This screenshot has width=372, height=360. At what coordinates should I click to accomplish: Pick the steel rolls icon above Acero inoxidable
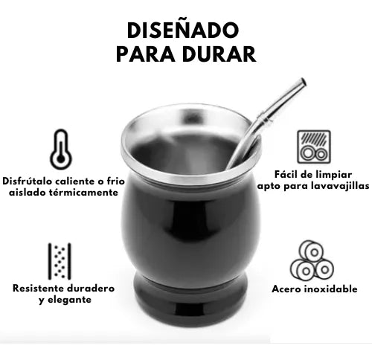[313, 260]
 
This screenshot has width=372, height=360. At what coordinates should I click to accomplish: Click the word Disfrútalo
[28, 180]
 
